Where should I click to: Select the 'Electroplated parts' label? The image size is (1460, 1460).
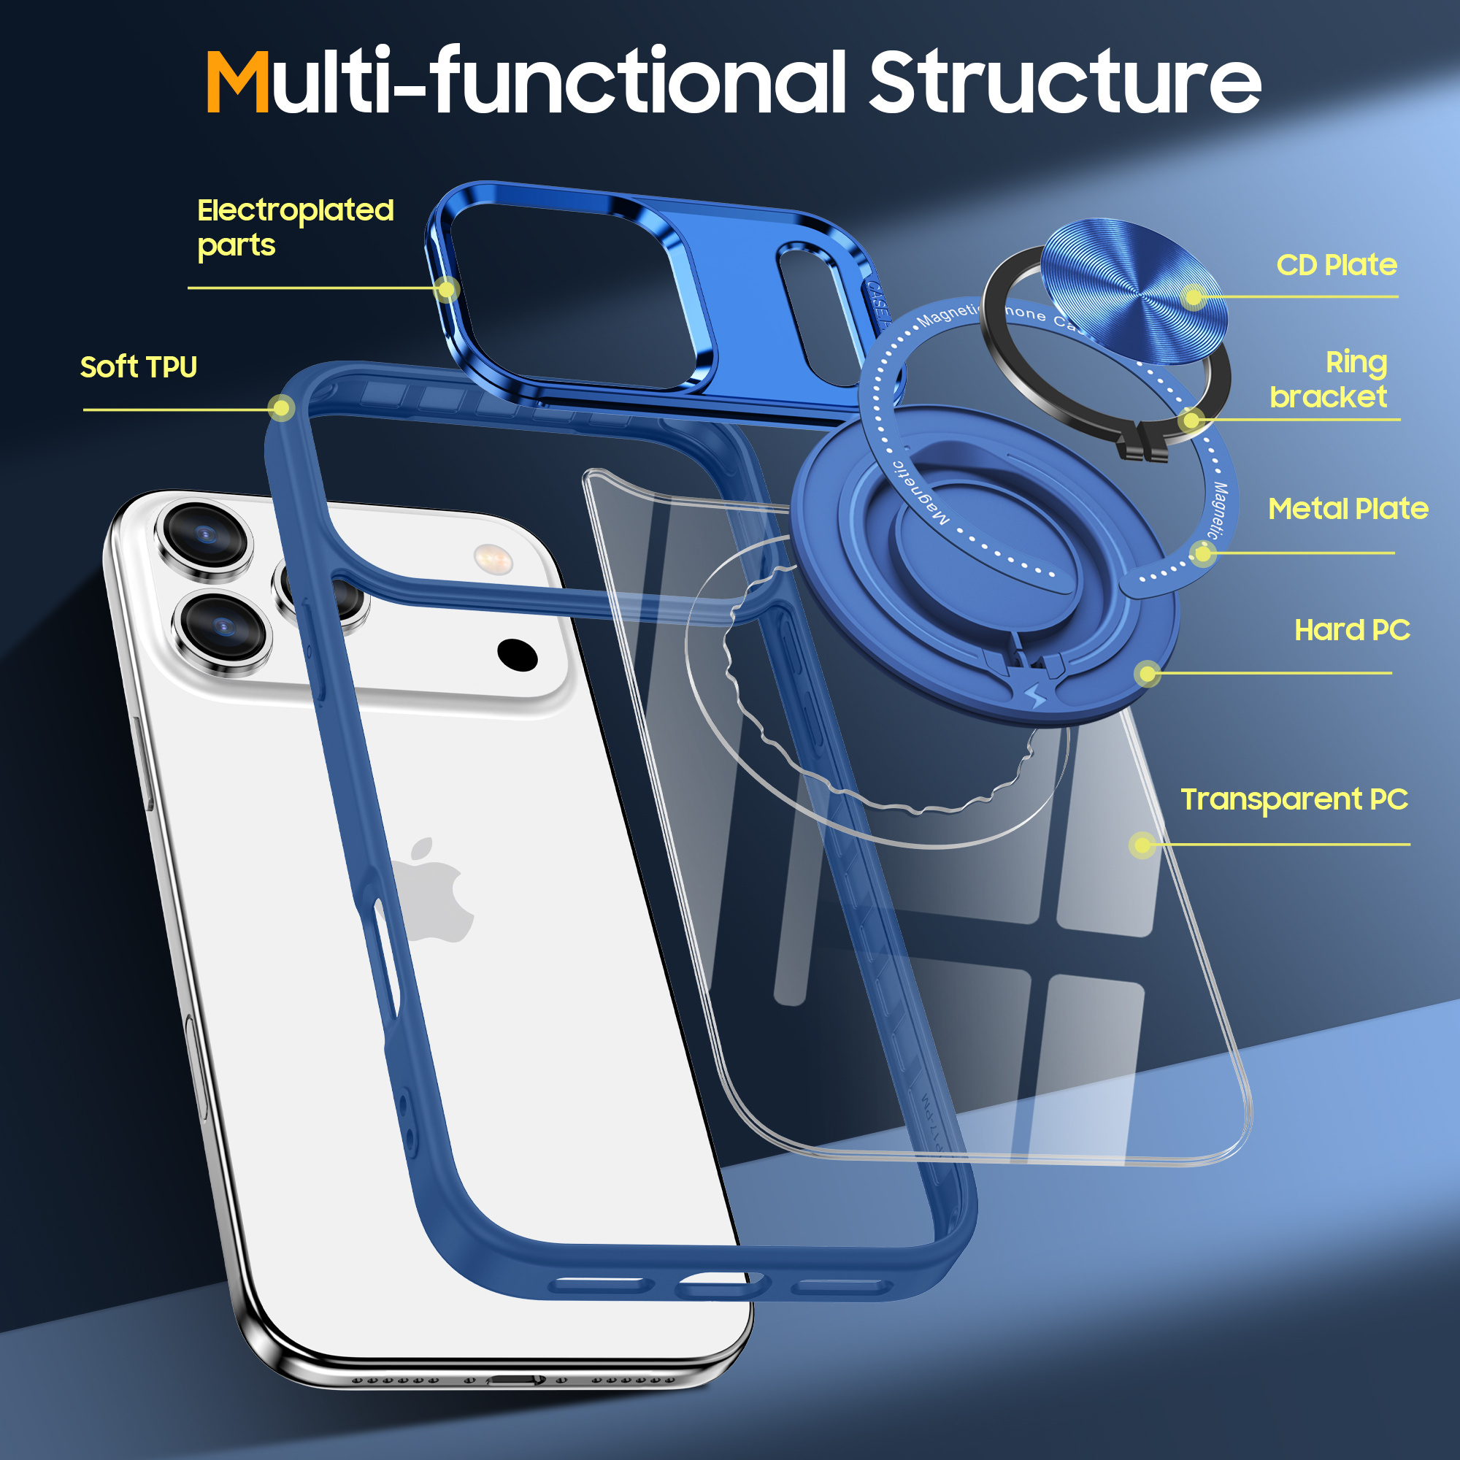point(295,227)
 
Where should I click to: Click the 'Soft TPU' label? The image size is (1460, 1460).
point(138,367)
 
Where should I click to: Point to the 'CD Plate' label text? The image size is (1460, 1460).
point(1336,265)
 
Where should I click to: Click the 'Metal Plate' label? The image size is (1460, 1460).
point(1348,509)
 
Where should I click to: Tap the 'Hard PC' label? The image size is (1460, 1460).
point(1352,629)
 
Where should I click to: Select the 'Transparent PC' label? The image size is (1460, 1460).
point(1294,799)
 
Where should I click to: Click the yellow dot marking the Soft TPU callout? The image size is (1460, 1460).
point(281,409)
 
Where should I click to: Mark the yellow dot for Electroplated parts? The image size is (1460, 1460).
point(447,288)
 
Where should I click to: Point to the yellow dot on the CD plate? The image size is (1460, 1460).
point(1194,296)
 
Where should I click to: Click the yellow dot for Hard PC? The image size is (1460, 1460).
point(1148,672)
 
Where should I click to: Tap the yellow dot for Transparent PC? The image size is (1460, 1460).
point(1142,844)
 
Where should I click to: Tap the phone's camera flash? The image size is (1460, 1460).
point(493,559)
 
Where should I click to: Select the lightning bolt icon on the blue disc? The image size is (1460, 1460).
point(1036,695)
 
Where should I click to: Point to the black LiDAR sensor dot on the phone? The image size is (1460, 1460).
point(518,654)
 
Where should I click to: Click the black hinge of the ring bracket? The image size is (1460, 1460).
point(1143,447)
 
